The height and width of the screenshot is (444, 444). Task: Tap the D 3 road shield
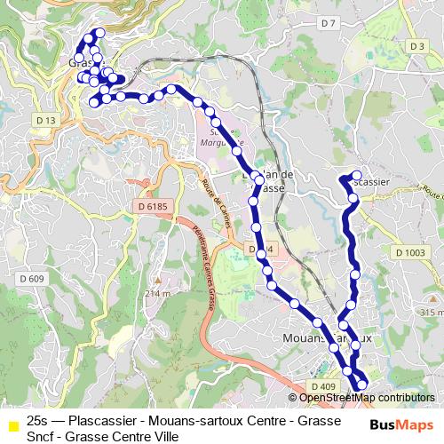[416, 45]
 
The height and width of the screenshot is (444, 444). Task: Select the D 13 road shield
[47, 120]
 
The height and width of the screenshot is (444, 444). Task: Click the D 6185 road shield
[152, 207]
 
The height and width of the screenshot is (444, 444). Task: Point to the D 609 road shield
[31, 279]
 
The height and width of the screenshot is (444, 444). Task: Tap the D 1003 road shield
[414, 254]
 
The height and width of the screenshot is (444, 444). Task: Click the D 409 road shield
[323, 386]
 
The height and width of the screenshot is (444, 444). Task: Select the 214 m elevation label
[157, 293]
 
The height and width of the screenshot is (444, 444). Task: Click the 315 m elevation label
[431, 313]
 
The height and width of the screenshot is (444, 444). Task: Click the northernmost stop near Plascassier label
[357, 175]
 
